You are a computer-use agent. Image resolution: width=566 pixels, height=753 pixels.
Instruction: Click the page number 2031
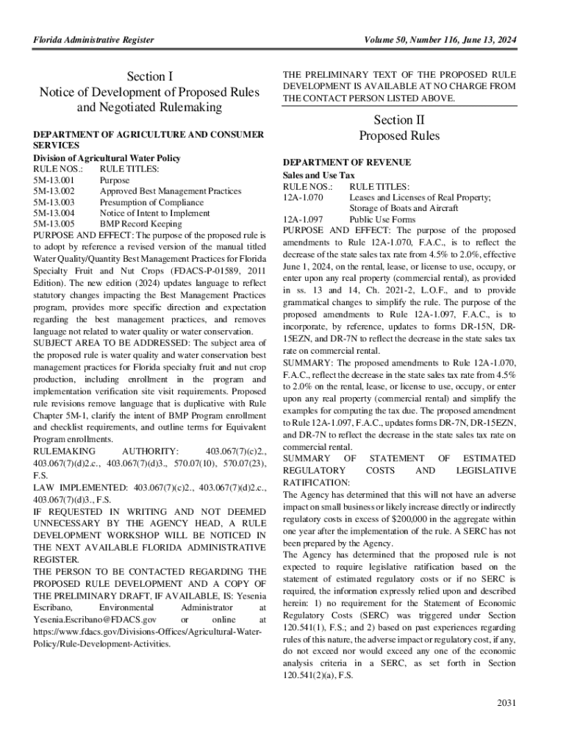(507, 703)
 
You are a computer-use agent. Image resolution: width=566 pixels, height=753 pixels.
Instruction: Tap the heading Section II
(399, 120)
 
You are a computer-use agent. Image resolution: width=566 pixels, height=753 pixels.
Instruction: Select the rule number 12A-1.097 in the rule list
(303, 219)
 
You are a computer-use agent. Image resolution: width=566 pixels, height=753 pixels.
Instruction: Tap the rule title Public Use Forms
(382, 219)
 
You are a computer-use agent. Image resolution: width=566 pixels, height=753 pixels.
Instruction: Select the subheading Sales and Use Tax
(319, 176)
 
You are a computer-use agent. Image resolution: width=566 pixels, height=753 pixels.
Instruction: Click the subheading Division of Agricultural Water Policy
(107, 158)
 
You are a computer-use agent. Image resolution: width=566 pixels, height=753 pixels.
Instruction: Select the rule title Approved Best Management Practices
(170, 191)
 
